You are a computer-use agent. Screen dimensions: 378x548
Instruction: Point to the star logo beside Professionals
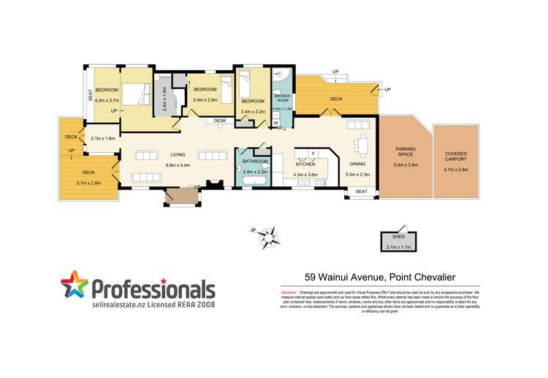[x=75, y=287]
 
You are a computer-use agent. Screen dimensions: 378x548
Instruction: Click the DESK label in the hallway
[x=219, y=121]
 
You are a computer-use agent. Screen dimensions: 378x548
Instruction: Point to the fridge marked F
[x=312, y=153]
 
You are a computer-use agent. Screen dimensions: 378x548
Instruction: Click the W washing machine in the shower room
[x=276, y=123]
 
